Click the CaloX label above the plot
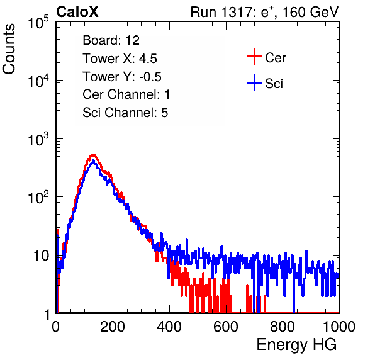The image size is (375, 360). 77,12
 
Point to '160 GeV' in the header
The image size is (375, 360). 310,12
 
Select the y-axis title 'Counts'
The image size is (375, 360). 9,49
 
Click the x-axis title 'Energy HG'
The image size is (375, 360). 296,345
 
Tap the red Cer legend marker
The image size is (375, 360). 254,57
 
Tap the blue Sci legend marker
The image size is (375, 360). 254,82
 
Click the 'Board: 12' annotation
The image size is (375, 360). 111,40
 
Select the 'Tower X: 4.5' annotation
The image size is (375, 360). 120,59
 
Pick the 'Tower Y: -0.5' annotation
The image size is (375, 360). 122,77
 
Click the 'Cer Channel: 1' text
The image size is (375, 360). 126,94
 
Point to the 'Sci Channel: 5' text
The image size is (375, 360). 125,113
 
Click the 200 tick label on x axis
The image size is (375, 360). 113,327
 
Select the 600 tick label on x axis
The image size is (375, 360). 226,327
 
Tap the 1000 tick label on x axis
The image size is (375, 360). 339,327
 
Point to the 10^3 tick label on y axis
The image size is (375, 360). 38,139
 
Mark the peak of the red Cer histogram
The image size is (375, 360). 93,155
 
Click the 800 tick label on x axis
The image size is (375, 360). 283,327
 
